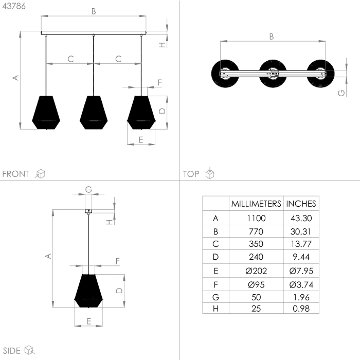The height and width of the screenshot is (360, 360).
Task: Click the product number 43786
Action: tap(13, 6)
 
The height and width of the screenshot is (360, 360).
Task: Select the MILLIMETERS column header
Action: tap(256, 204)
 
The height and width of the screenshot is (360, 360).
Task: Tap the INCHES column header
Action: tap(301, 204)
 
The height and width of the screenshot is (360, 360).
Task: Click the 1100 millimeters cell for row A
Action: tap(256, 218)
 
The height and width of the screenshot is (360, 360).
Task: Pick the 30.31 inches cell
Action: tap(301, 231)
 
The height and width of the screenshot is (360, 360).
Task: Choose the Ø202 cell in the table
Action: tap(256, 271)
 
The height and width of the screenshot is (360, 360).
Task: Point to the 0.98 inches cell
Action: tap(301, 309)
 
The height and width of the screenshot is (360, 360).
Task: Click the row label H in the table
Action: tap(215, 309)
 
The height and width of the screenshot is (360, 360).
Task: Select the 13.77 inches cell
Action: tap(301, 244)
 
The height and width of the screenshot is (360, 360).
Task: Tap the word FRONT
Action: tap(16, 174)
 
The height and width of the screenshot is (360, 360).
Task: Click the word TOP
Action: tap(191, 174)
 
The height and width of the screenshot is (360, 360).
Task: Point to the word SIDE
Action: tap(11, 351)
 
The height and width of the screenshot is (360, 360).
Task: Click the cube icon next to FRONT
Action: tap(40, 174)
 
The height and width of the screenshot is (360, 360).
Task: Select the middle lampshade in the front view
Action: tap(93, 112)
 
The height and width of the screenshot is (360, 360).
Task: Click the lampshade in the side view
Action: tap(88, 291)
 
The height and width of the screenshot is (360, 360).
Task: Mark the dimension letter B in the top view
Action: tap(272, 36)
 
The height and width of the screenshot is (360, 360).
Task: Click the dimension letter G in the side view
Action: tap(88, 189)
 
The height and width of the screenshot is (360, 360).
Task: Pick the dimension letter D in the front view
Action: tap(161, 111)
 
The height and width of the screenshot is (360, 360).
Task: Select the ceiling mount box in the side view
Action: tap(88, 210)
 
